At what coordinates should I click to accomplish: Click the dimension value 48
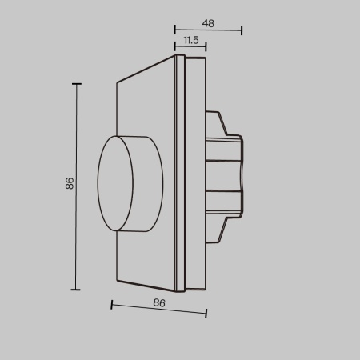pos(208,24)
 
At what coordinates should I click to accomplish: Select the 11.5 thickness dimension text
pos(190,39)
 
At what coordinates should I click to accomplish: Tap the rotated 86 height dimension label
pos(70,184)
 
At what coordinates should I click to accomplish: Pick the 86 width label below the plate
pos(158,303)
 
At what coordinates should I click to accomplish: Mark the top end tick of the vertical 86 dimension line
pos(77,83)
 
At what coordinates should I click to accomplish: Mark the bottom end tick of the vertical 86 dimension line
pos(77,290)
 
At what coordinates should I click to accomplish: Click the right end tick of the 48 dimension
pos(241,32)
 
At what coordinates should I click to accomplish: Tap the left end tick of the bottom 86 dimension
pos(111,304)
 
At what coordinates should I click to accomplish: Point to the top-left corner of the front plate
pos(117,81)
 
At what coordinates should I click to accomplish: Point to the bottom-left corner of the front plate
pos(117,281)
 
